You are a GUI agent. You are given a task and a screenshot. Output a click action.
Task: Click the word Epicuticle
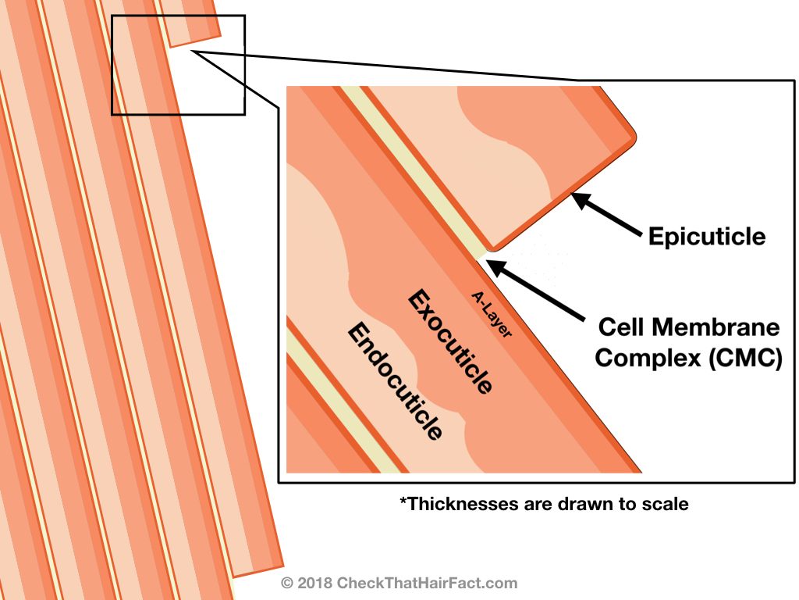point(707,236)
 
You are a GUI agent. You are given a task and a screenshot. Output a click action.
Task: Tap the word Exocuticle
point(451,341)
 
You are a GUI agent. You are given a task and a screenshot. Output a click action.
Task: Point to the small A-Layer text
point(492,314)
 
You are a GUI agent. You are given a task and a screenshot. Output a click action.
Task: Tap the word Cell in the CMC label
point(622,326)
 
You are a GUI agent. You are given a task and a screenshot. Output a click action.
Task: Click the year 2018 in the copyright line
point(314,583)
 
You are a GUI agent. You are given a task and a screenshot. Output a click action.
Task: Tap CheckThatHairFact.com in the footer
point(427,583)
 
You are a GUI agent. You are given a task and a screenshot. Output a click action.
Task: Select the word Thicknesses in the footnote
point(453,504)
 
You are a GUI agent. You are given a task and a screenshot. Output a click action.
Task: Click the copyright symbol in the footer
point(286,583)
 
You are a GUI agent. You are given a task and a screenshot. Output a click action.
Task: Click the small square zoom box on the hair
point(178,65)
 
